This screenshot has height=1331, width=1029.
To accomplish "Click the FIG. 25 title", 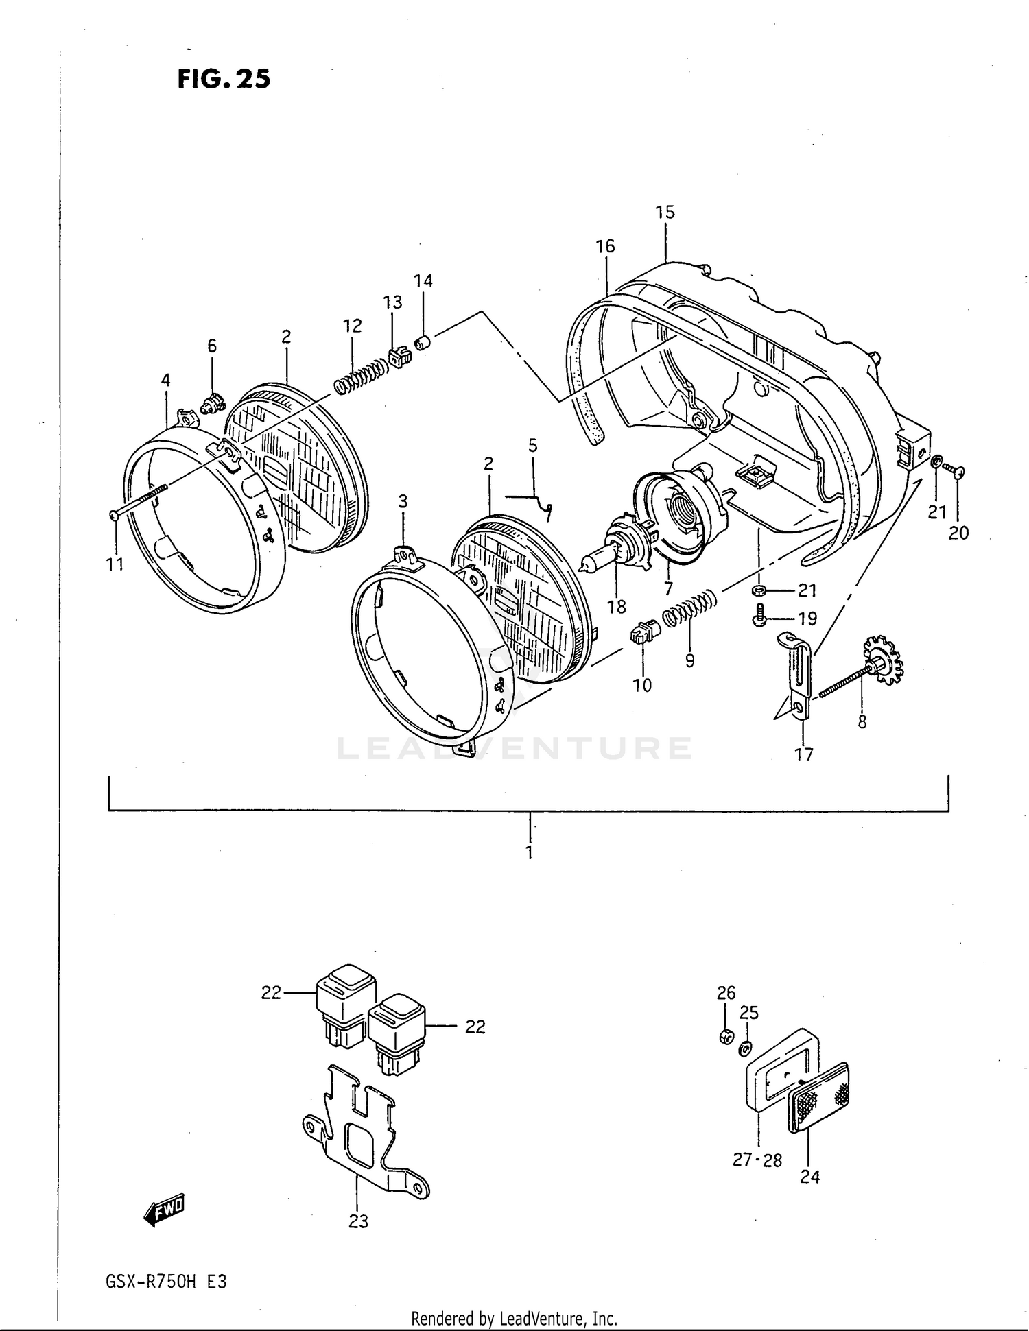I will [224, 79].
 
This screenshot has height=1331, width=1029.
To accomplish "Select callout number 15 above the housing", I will [664, 213].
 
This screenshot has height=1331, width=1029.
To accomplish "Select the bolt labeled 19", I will [759, 616].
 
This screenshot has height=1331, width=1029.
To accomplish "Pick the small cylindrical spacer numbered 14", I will [422, 341].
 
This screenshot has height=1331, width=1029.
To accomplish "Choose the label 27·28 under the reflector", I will [757, 1160].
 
